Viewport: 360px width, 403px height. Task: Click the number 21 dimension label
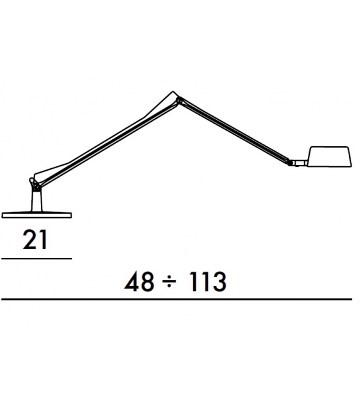[35, 240]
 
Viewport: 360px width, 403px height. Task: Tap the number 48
[139, 281]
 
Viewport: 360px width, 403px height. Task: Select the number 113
[207, 281]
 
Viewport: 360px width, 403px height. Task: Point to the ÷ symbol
[170, 282]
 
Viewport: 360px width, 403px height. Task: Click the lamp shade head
[329, 157]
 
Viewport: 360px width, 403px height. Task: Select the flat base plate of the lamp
[36, 215]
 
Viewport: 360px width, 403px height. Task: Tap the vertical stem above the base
[36, 201]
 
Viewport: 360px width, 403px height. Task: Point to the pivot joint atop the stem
[35, 185]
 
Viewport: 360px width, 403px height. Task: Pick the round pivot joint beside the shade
[290, 163]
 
